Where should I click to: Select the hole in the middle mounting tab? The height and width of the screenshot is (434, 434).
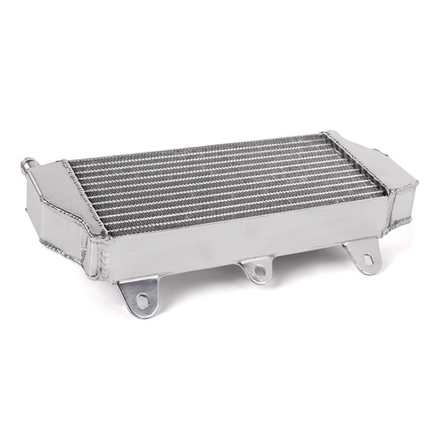pyautogui.click(x=259, y=271)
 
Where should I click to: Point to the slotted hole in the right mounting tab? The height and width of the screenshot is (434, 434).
pyautogui.click(x=367, y=258)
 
